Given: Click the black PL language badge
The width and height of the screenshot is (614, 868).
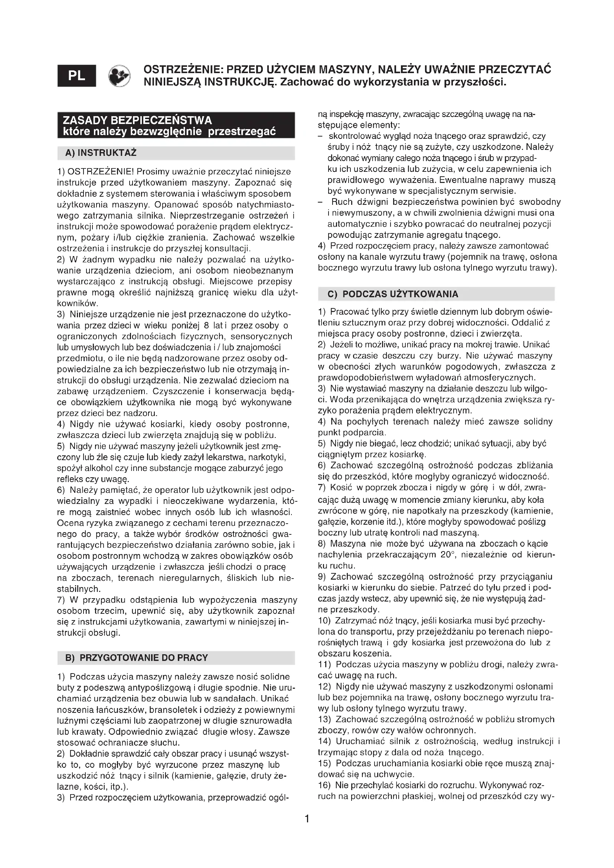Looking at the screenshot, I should (77, 76).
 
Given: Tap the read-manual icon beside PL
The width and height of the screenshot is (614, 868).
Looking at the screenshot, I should (119, 76).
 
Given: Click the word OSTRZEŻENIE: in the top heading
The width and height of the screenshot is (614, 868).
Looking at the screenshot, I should (184, 69).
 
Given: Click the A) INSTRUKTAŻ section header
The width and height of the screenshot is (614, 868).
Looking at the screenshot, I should (101, 153).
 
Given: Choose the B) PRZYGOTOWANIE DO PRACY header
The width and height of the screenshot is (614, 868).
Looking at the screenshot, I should (137, 658).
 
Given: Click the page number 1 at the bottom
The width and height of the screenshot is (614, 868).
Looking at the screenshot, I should (307, 819).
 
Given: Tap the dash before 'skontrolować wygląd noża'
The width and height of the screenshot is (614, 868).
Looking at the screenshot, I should (320, 136).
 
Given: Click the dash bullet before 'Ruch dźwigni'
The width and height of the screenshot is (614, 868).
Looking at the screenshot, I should (320, 202).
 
